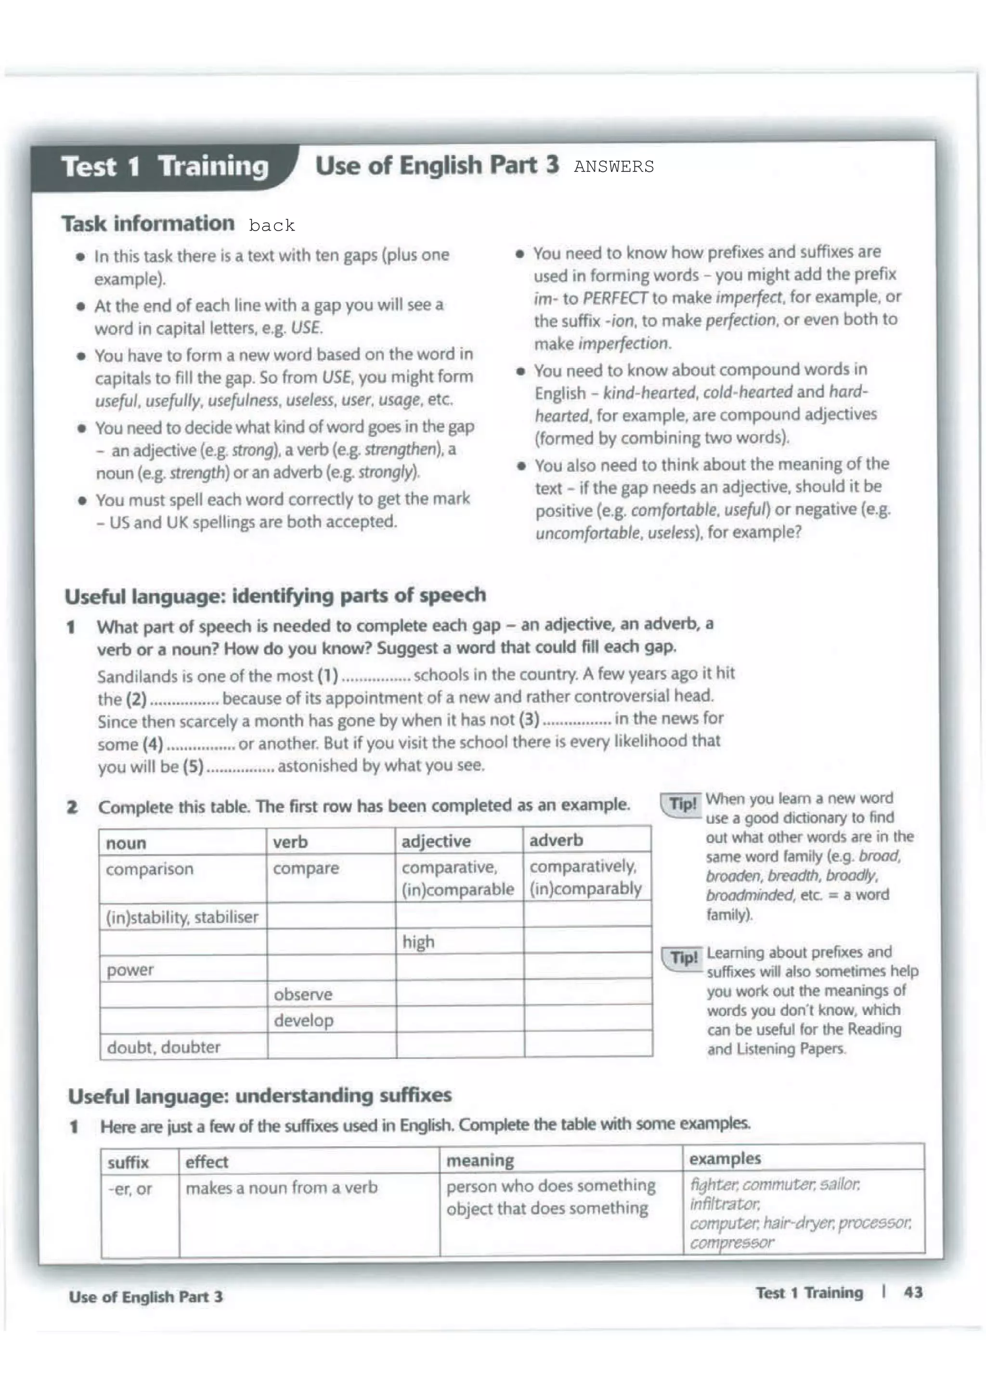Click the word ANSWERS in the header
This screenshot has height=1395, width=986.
(613, 167)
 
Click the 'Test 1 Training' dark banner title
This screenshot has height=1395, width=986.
(165, 167)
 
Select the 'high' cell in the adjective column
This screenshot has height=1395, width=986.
(418, 942)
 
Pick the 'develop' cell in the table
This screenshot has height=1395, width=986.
(303, 1020)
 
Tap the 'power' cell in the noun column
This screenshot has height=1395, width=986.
(130, 969)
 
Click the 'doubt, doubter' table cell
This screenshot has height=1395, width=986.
(163, 1047)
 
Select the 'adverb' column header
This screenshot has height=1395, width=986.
(556, 840)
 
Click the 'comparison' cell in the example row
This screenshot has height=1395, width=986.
(149, 869)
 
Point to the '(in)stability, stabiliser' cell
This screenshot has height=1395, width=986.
(182, 917)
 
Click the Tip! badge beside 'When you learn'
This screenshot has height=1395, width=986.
(682, 804)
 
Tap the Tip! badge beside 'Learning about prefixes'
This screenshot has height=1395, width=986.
(683, 958)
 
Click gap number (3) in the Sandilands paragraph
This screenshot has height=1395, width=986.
(529, 719)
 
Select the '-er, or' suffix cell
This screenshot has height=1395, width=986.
(130, 1188)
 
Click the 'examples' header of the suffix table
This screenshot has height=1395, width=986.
(724, 1159)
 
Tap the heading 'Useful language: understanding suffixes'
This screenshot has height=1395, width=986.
(259, 1096)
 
